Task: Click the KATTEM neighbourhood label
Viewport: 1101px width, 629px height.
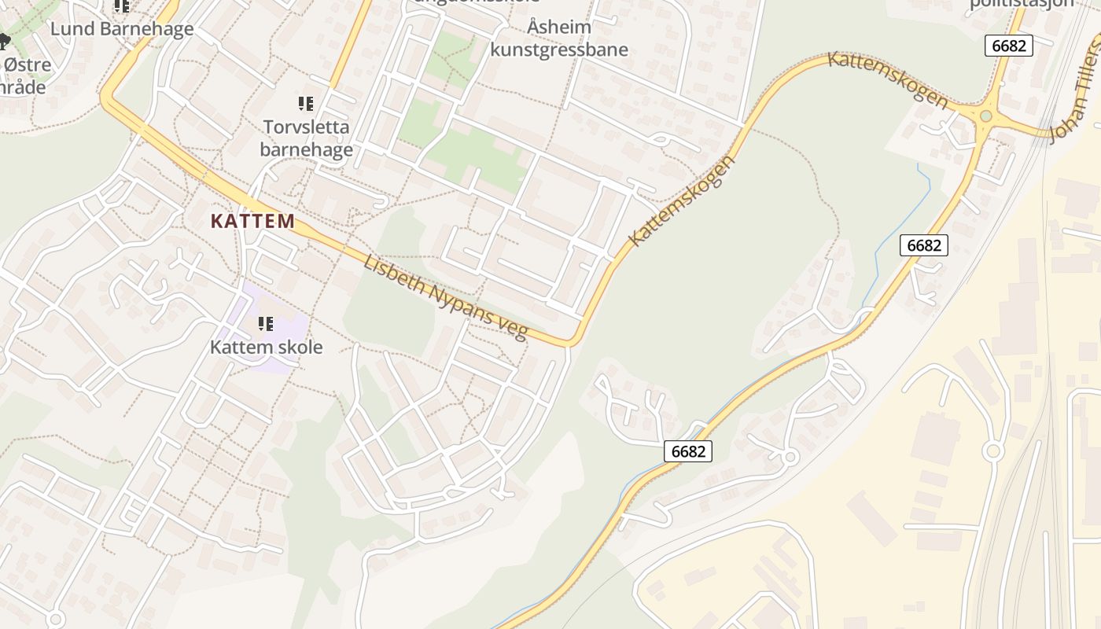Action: (x=252, y=221)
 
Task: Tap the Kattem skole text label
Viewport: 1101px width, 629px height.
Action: (x=266, y=347)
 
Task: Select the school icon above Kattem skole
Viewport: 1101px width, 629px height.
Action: (x=266, y=323)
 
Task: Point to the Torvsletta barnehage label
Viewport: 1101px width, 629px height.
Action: (x=306, y=138)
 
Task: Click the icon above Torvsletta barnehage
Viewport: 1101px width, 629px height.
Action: (x=305, y=103)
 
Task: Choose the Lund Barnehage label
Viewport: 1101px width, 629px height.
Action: (x=122, y=29)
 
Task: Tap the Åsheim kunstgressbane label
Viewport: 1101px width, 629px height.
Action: (x=559, y=39)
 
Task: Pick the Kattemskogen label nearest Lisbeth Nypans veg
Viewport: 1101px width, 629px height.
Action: (x=682, y=201)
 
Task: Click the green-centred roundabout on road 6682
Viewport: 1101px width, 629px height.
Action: (x=985, y=116)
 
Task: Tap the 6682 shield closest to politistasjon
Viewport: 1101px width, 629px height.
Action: (x=1008, y=46)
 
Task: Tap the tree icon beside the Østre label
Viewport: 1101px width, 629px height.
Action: (x=4, y=41)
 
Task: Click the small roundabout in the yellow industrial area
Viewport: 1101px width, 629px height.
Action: (x=992, y=451)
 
